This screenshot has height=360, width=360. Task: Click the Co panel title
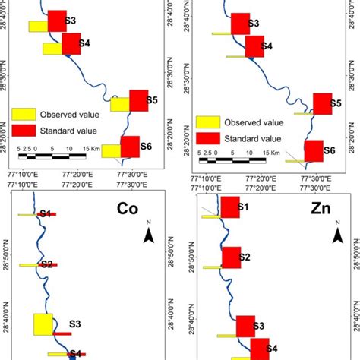pos(130,209)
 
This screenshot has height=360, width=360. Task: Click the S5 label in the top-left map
pos(152,100)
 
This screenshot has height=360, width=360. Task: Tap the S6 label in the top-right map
pos(329,150)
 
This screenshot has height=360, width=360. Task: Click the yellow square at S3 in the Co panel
pos(43,324)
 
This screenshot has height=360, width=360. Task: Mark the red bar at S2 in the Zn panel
pos(230,258)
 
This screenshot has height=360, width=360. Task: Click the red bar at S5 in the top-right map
pos(323,104)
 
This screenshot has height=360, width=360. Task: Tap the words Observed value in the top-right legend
pos(254,122)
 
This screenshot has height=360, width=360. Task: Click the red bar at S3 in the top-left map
pos(57,21)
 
